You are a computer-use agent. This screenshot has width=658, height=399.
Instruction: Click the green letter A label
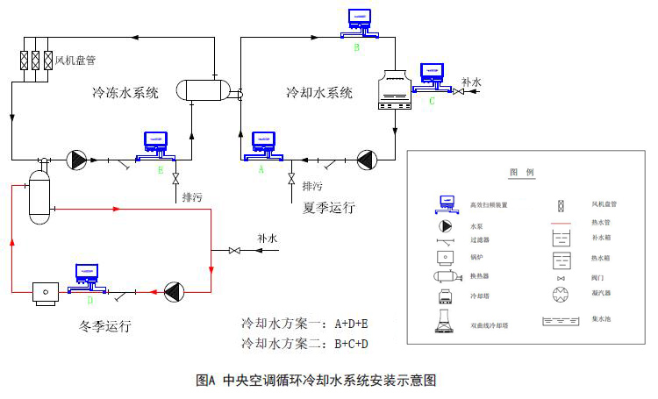click(x=261, y=172)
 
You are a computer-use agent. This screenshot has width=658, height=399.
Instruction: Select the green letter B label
click(x=357, y=48)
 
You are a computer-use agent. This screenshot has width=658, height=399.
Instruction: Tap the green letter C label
click(x=431, y=101)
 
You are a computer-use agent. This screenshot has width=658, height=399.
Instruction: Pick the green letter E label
click(x=161, y=173)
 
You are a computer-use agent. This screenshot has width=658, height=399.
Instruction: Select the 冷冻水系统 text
click(x=125, y=92)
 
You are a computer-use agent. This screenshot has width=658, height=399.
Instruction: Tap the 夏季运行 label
click(x=329, y=208)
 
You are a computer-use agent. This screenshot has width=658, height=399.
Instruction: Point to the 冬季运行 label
click(x=104, y=326)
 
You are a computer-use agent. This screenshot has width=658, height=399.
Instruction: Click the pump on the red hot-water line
click(x=175, y=291)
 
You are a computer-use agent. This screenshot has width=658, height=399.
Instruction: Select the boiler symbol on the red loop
click(x=41, y=291)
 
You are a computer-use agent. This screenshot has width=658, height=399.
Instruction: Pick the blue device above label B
click(x=358, y=21)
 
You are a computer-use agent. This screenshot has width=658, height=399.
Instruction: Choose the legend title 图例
click(x=521, y=173)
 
